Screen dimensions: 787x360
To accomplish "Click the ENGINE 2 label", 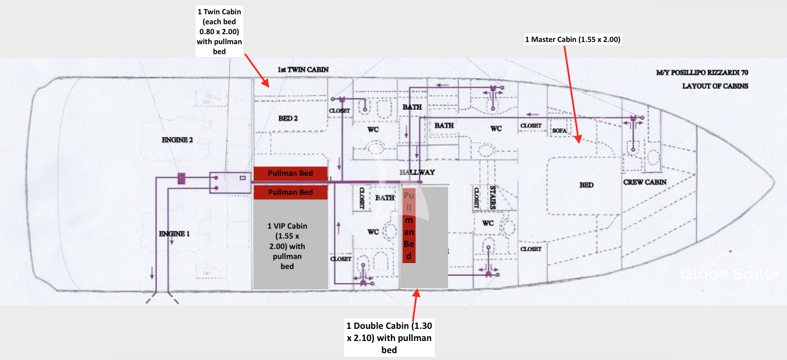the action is click(x=177, y=140).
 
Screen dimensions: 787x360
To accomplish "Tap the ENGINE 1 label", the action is click(x=174, y=234).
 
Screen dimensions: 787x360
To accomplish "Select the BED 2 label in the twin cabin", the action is click(x=288, y=118).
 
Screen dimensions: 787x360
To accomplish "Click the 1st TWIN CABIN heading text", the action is click(x=303, y=69).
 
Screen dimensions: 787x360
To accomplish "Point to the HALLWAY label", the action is click(x=417, y=172).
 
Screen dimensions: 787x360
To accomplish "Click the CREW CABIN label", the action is click(x=645, y=182).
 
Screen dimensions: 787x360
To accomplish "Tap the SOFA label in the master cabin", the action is click(x=559, y=131).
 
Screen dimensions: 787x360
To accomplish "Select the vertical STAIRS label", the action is click(x=492, y=197).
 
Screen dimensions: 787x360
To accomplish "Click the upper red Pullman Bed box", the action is click(x=290, y=173).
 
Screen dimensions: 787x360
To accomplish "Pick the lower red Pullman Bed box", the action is click(x=290, y=192).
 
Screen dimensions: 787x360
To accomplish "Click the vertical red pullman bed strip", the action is click(x=409, y=225).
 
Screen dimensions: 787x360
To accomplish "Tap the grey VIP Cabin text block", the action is click(x=287, y=246).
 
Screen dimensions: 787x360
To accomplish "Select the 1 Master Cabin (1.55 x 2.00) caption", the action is click(x=572, y=39).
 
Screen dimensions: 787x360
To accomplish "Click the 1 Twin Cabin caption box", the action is click(x=219, y=32).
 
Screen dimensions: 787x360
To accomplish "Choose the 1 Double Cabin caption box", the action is click(x=389, y=337).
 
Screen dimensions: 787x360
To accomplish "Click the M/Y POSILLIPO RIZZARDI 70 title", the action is click(x=702, y=73).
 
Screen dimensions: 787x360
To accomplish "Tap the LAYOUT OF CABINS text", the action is click(x=715, y=86).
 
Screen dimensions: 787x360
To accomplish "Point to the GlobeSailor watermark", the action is click(x=730, y=274).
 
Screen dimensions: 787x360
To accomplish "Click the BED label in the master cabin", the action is click(x=587, y=185).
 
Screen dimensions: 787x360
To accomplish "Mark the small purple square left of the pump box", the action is click(x=181, y=178).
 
